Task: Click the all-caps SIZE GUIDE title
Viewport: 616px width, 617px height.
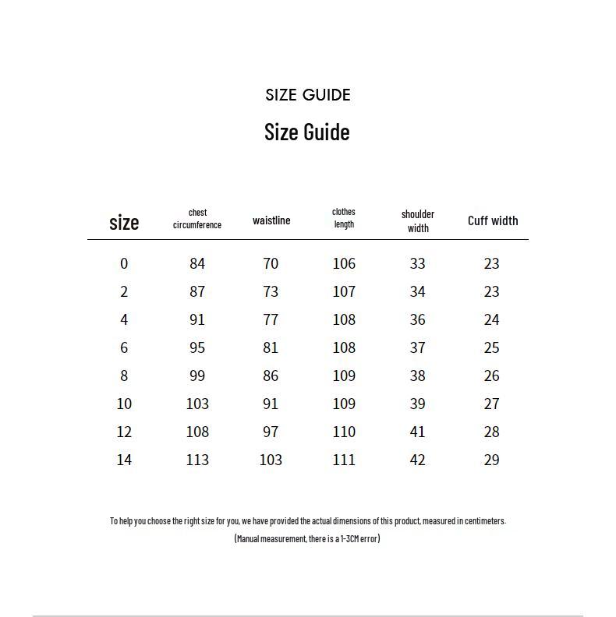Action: pos(307,95)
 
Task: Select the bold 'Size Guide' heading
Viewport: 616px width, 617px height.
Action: pos(306,132)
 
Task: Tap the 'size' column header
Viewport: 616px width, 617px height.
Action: pos(124,223)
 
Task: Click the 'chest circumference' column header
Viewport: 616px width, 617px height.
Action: pos(197,219)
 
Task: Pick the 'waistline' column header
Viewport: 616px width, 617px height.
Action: pos(271,220)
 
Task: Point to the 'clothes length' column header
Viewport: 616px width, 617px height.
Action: pos(344,218)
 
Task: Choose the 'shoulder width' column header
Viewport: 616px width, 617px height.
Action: pos(418,220)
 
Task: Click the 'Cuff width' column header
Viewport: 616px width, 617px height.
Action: pos(493,220)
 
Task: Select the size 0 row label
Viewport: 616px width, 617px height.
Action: pos(124,263)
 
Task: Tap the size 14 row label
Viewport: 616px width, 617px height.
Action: pos(124,460)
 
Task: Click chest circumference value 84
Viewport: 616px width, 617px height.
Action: pos(197,263)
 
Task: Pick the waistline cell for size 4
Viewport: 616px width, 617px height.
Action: pos(271,319)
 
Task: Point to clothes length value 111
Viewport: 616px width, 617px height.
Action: pos(344,460)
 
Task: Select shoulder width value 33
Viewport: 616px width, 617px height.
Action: pos(417,263)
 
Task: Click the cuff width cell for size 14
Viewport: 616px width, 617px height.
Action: pos(491,460)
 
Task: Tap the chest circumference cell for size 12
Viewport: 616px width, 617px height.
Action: pos(197,432)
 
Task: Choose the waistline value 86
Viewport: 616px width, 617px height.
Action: pos(271,375)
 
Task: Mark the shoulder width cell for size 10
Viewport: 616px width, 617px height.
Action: pos(417,404)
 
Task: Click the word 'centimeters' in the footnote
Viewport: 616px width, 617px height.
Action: pos(483,521)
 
